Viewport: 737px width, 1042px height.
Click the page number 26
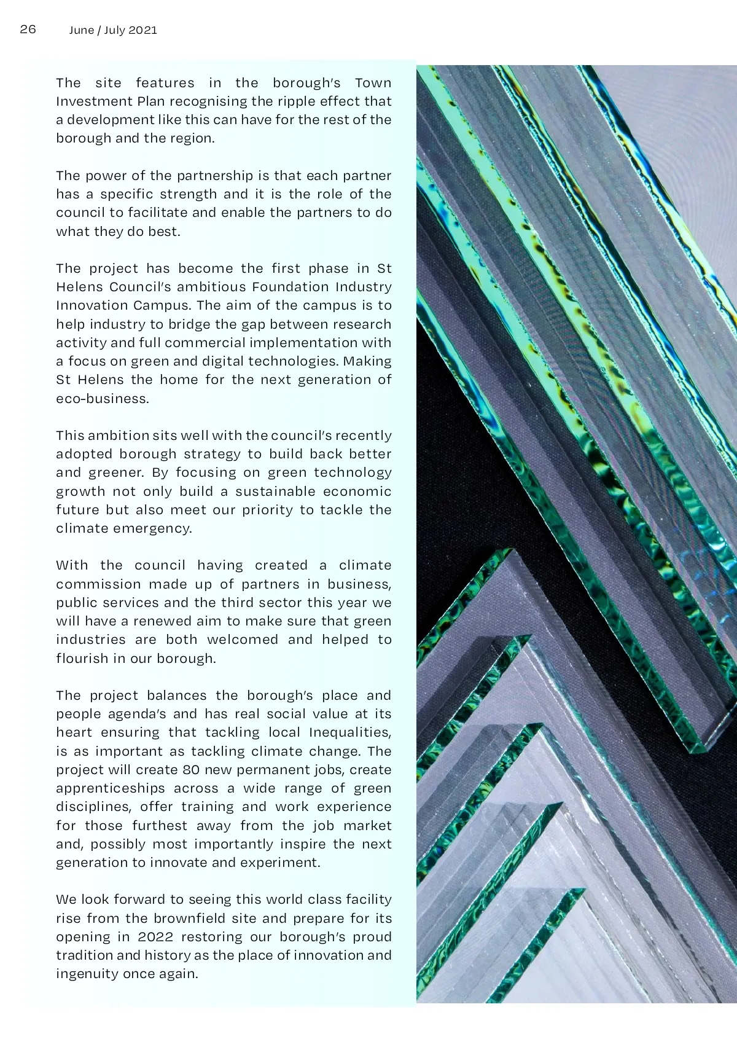28,29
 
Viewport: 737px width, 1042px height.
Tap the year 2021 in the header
143,30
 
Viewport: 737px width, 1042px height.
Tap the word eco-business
102,399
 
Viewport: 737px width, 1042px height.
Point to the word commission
98,584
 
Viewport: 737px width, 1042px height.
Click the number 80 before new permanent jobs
191,770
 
